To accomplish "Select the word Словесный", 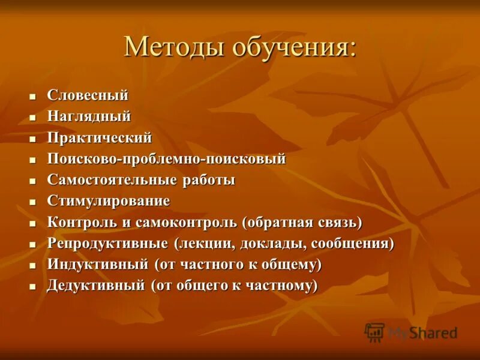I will pyautogui.click(x=88, y=95).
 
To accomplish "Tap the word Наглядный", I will pyautogui.click(x=89, y=116).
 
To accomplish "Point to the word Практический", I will pyautogui.click(x=99, y=137).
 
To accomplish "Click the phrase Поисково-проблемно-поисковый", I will pyautogui.click(x=166, y=159).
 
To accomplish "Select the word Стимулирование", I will pyautogui.click(x=108, y=201).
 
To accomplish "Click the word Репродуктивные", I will pyautogui.click(x=107, y=243).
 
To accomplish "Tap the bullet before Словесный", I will pyautogui.click(x=33, y=96).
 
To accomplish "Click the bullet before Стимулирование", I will pyautogui.click(x=33, y=202).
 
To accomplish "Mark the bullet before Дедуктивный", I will pyautogui.click(x=33, y=286).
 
